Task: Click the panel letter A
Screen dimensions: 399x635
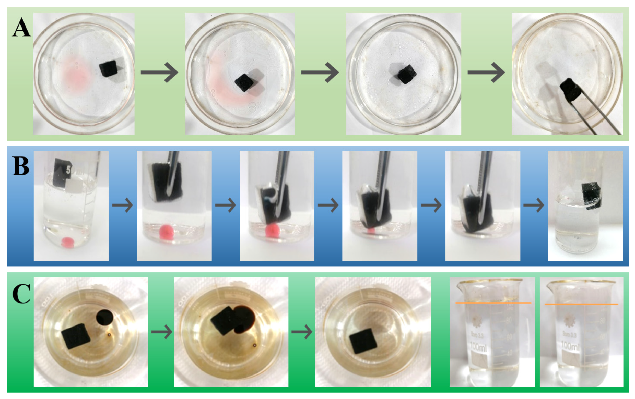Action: click(x=21, y=27)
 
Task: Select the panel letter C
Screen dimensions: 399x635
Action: click(x=21, y=294)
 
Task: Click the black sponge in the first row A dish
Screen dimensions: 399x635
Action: click(x=108, y=68)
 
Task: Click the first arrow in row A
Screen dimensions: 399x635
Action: click(x=159, y=72)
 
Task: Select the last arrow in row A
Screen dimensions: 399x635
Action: click(x=486, y=72)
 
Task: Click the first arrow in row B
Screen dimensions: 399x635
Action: click(x=122, y=205)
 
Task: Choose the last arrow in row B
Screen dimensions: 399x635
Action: click(x=534, y=205)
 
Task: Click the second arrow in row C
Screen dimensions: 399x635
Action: click(x=302, y=332)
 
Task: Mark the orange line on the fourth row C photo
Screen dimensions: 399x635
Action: click(x=493, y=303)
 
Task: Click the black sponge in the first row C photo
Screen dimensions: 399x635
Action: click(x=76, y=336)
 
